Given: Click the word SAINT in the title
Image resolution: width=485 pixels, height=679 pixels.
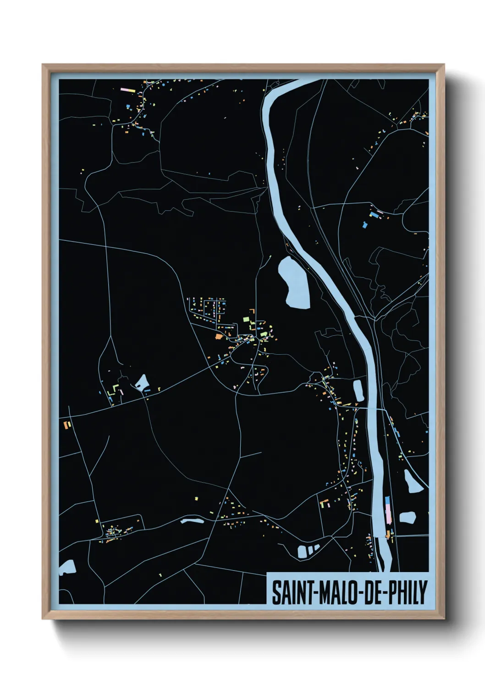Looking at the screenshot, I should coord(292,593).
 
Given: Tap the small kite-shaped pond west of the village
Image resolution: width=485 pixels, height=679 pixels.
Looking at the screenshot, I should coord(142,382).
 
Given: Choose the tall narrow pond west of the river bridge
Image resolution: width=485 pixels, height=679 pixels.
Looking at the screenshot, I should coord(358,390).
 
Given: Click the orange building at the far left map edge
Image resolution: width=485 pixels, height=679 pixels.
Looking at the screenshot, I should coord(67,425).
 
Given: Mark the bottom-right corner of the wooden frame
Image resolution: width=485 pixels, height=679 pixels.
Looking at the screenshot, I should coord(444,618).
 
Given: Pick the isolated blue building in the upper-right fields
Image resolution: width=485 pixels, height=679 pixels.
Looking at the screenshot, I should coord(365,225).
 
